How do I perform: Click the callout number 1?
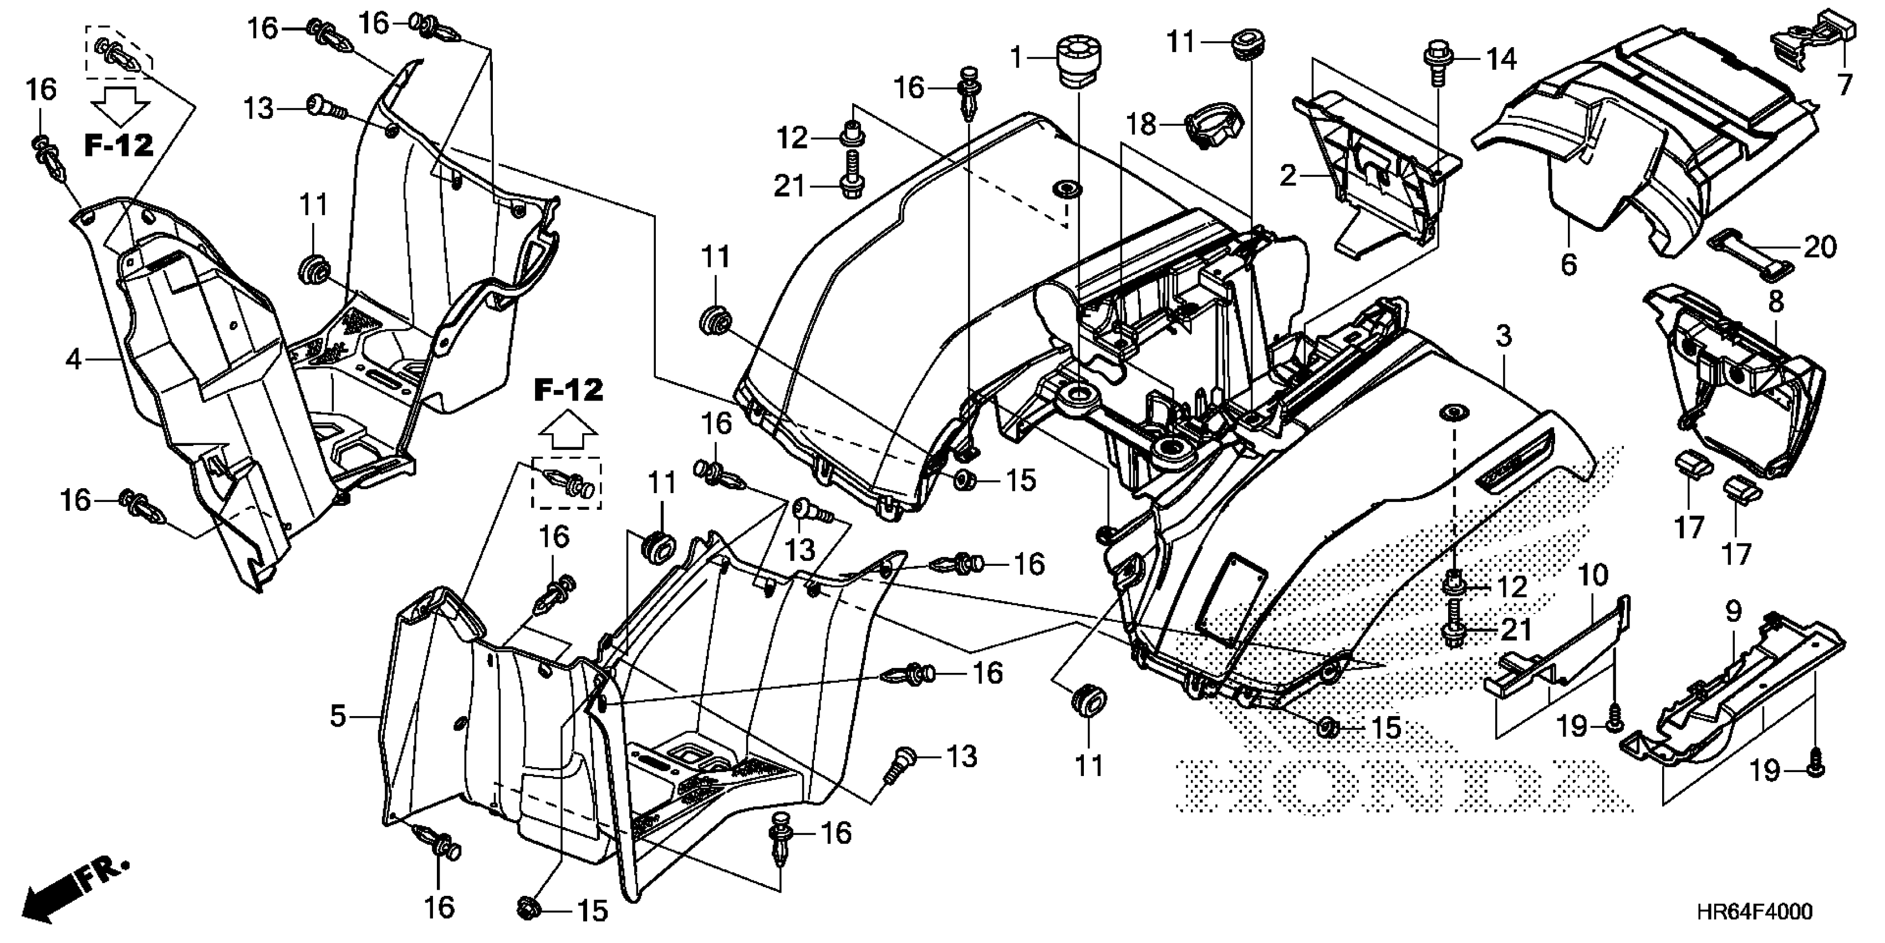click(x=1016, y=57)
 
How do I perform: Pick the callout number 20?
click(x=1820, y=247)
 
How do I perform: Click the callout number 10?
click(x=1592, y=575)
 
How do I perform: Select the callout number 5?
click(x=337, y=716)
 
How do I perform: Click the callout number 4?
click(x=73, y=359)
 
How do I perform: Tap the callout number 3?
click(x=1504, y=337)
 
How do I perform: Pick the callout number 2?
click(x=1288, y=176)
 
